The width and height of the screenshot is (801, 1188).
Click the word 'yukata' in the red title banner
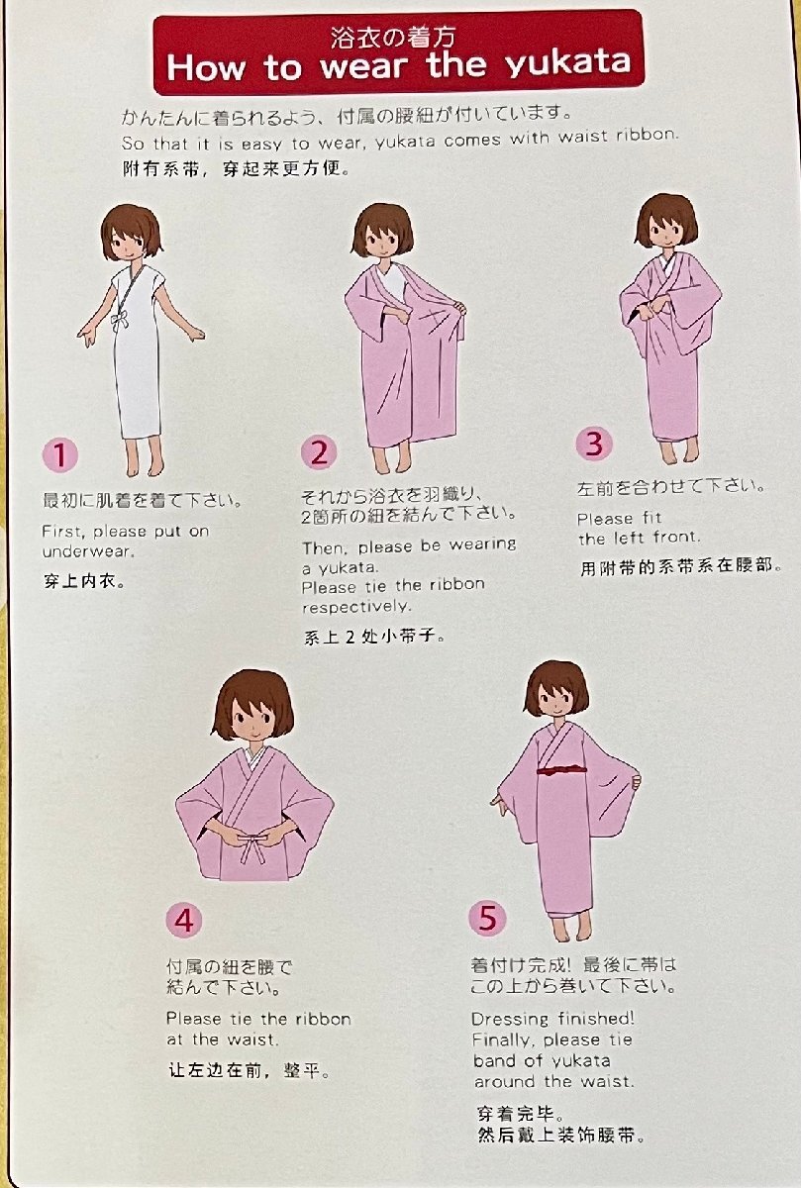[x=568, y=64]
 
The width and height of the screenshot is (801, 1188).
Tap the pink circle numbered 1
[x=60, y=454]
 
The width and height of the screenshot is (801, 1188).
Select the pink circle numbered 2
[x=319, y=452]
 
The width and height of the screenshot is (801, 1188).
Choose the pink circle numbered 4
[x=183, y=920]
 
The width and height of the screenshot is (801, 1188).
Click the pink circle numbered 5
[x=487, y=918]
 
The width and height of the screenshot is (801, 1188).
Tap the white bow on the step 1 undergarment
[x=120, y=323]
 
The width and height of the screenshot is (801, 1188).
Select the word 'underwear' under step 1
[x=87, y=551]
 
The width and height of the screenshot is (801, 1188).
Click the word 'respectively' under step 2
[x=356, y=606]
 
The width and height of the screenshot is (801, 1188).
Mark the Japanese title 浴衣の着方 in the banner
[x=392, y=38]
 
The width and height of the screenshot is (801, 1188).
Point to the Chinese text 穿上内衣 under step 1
[x=84, y=581]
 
